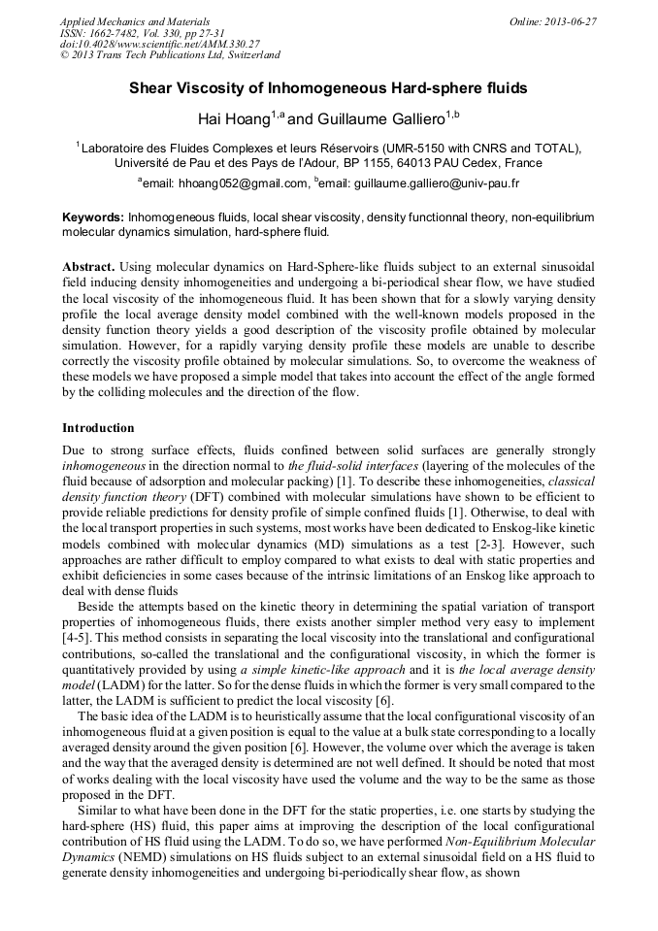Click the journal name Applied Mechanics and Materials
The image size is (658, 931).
126,21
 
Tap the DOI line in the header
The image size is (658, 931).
159,45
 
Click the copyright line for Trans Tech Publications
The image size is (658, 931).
170,55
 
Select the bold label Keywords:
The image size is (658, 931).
92,217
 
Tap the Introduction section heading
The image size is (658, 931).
98,427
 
